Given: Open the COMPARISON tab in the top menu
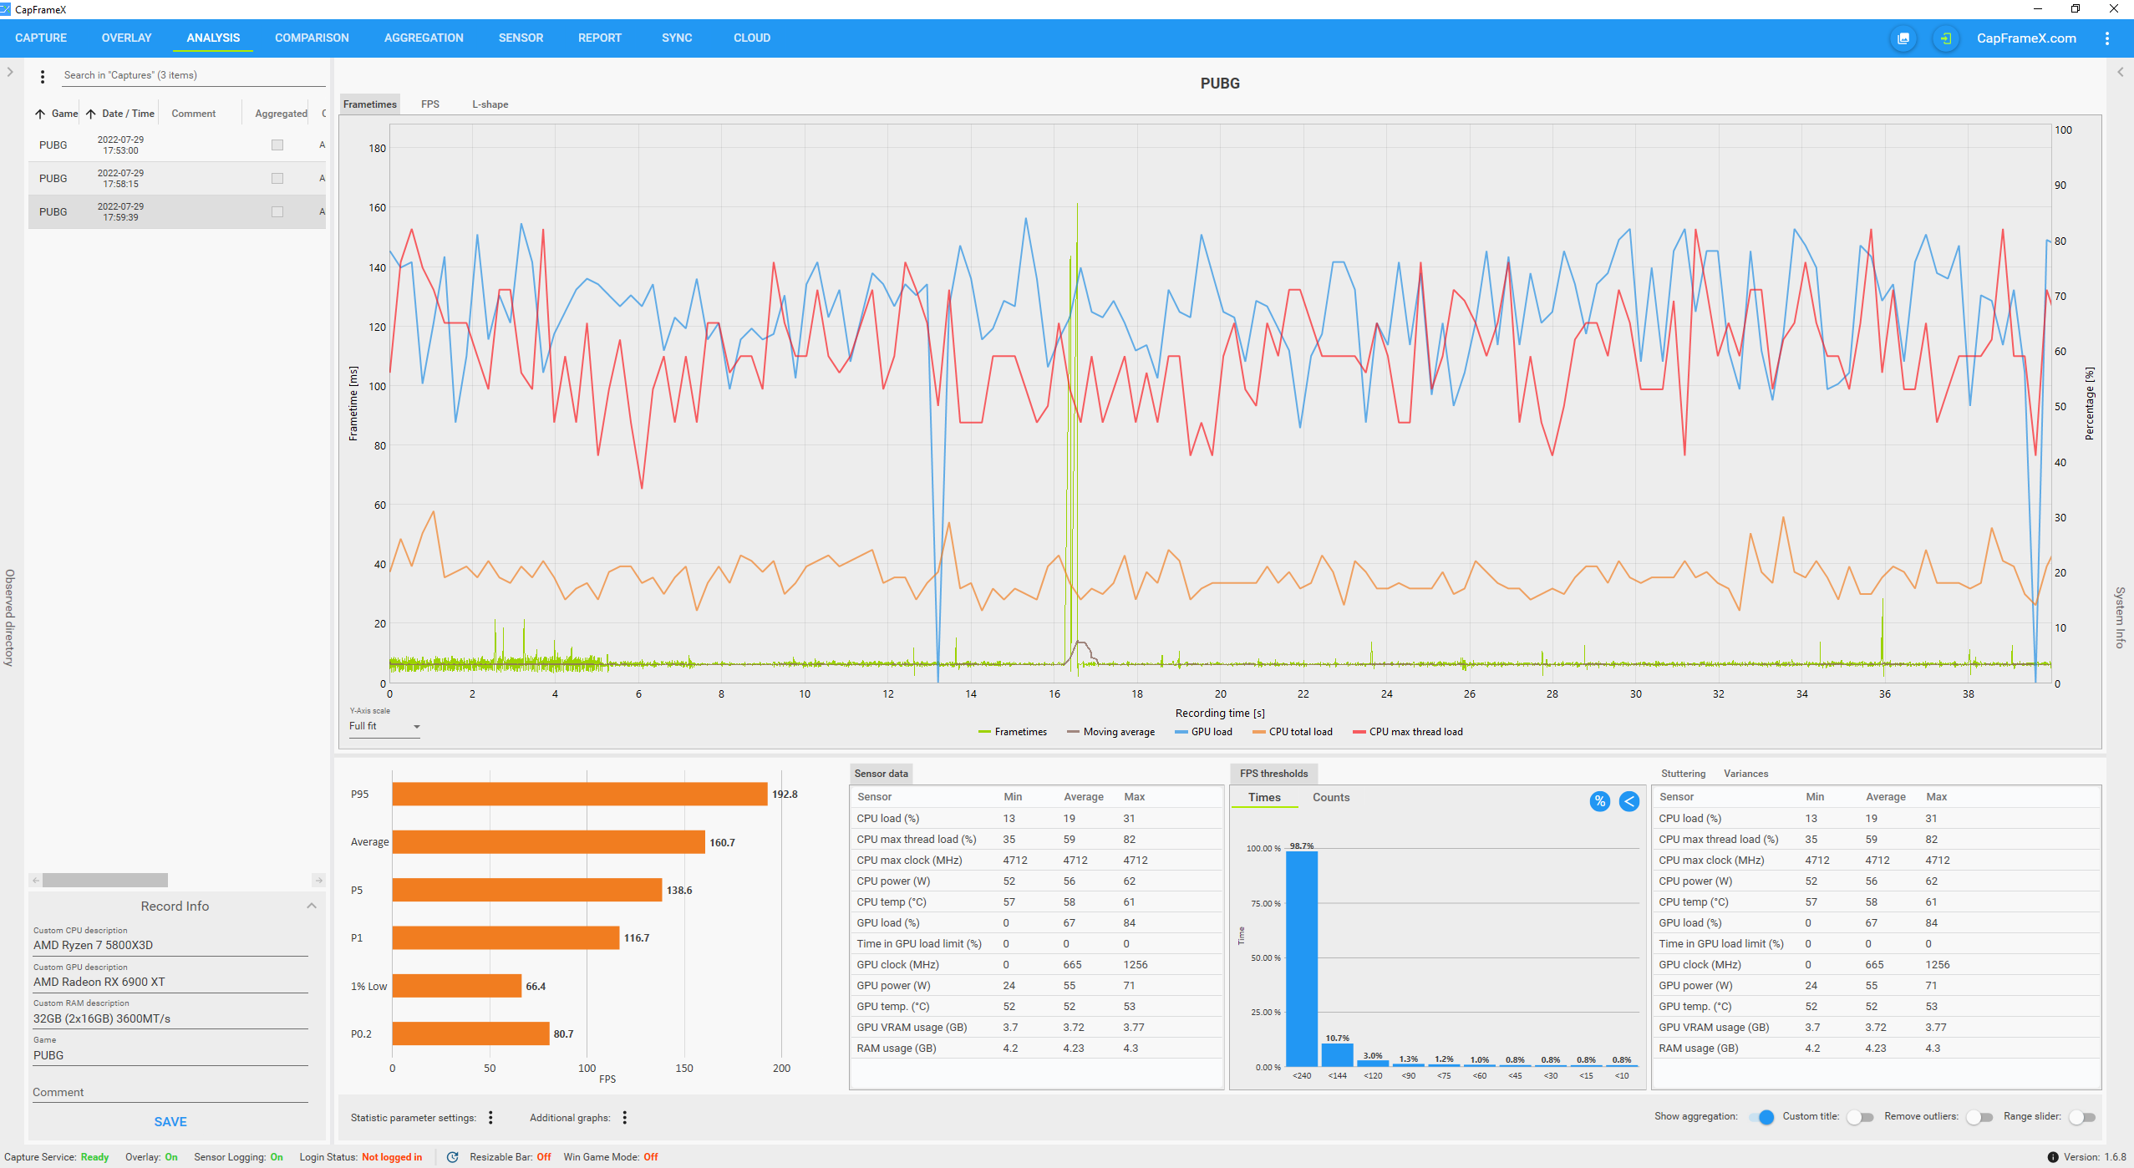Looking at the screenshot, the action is coord(312,38).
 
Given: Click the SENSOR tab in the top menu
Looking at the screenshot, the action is coord(521,38).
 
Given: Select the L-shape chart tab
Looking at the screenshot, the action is coord(490,104).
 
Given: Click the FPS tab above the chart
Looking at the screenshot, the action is coord(429,104).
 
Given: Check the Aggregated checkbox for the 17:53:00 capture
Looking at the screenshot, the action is coord(277,145).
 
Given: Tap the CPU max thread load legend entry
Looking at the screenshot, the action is coord(1408,732).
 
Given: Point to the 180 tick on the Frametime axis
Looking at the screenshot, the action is coord(378,149).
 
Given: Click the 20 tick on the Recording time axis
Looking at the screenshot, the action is coord(1220,694).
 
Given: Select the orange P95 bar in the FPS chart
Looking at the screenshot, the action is coord(580,795).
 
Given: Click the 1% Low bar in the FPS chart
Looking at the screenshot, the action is coord(457,986).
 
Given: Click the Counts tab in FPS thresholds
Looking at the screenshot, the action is coord(1331,798).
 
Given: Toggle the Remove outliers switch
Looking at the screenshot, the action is coord(1979,1117).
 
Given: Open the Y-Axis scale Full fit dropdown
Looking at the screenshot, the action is coord(384,727).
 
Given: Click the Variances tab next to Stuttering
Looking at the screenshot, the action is coord(1745,774).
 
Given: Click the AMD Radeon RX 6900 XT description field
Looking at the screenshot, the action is coord(170,983).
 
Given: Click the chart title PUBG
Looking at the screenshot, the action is coord(1220,84).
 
